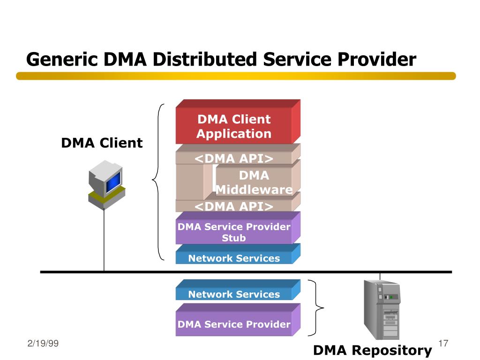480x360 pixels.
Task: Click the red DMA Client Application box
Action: [x=238, y=121]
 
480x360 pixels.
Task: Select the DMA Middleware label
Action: [x=254, y=182]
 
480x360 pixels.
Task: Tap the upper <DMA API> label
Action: [x=234, y=158]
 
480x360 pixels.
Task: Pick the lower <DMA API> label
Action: [x=234, y=206]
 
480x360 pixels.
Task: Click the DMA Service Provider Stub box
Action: [x=238, y=228]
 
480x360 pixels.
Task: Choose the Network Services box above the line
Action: [x=238, y=254]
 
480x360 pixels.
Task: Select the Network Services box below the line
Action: [x=238, y=290]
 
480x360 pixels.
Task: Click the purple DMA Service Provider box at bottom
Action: [x=238, y=320]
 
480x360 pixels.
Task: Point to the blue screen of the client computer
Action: [x=113, y=182]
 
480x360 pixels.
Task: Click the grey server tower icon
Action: [x=382, y=309]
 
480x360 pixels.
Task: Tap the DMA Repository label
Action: [x=372, y=350]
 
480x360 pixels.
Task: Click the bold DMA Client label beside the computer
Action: [x=102, y=143]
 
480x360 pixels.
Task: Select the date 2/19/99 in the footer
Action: [x=43, y=343]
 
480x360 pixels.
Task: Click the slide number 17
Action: [x=443, y=343]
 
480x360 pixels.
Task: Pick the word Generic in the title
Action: [x=62, y=60]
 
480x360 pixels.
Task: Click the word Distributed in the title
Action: [x=205, y=59]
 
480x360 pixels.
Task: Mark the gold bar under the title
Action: [x=236, y=76]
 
